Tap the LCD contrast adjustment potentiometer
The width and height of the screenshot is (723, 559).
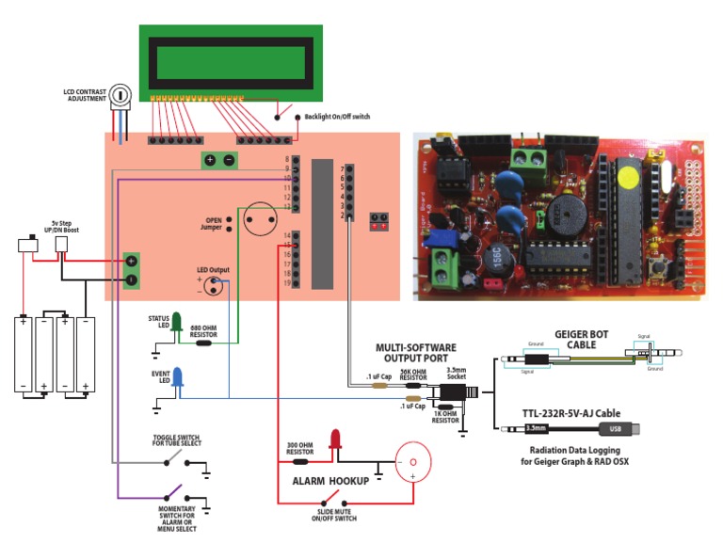pyautogui.click(x=120, y=95)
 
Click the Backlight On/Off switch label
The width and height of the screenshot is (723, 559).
pyautogui.click(x=337, y=117)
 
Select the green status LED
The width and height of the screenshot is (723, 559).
pyautogui.click(x=175, y=325)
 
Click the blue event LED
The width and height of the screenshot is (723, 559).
pyautogui.click(x=179, y=379)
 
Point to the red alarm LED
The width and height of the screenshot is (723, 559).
pyautogui.click(x=333, y=439)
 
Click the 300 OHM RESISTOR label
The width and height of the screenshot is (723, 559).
pyautogui.click(x=299, y=448)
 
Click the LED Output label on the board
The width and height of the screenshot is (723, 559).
pyautogui.click(x=213, y=270)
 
